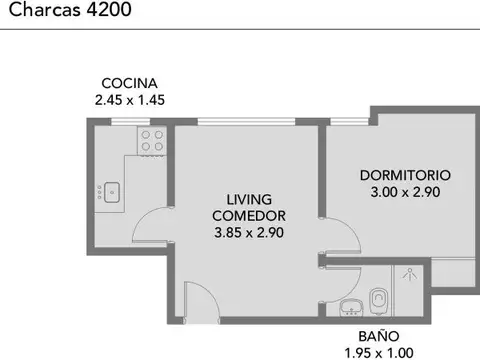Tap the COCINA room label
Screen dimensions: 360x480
(x=129, y=83)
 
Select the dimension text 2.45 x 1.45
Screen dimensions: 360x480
(x=129, y=100)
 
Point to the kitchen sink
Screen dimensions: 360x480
(x=110, y=190)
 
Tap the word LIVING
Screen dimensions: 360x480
(x=249, y=199)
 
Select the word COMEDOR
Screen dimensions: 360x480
(x=249, y=215)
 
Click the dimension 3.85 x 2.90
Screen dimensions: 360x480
(x=249, y=232)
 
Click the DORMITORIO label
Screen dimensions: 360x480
(x=405, y=174)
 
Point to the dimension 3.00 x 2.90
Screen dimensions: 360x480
(x=405, y=191)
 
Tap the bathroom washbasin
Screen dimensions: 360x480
(x=351, y=305)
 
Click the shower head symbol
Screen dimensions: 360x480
(x=408, y=272)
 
